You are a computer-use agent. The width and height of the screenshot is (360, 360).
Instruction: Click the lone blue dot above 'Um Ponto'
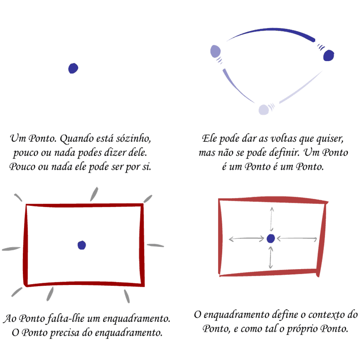(x=73, y=68)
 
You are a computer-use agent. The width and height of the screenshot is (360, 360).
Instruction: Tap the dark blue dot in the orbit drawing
(x=328, y=56)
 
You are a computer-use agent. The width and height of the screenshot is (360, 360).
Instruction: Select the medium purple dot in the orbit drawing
(x=215, y=51)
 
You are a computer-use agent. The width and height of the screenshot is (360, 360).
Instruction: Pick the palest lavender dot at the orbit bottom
(x=263, y=110)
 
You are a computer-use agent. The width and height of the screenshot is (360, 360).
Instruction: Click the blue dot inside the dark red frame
(x=82, y=245)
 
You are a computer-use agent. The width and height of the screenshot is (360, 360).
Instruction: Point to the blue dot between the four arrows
(x=271, y=238)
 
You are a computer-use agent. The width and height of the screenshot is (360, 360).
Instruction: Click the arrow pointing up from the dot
(x=272, y=218)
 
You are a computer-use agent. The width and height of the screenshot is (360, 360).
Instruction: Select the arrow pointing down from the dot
(x=271, y=257)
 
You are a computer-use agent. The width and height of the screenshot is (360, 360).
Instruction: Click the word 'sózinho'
(x=136, y=139)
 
